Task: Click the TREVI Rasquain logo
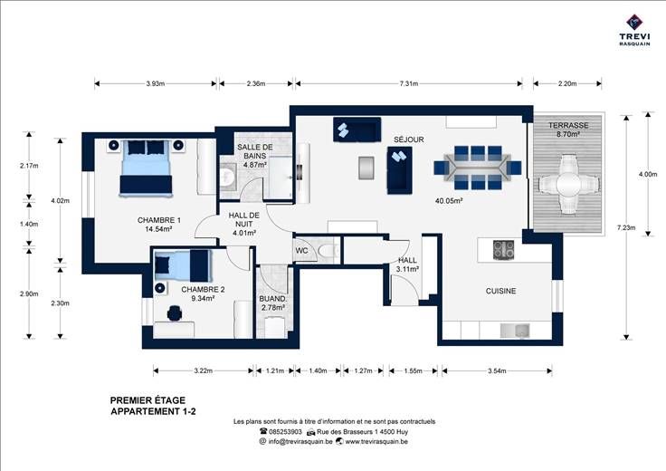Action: tap(634, 30)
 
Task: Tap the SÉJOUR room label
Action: tap(409, 139)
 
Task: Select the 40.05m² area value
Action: tap(449, 201)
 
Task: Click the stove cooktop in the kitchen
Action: tap(503, 250)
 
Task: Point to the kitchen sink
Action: tap(515, 331)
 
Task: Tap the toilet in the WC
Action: tap(328, 251)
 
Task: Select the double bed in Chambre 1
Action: tap(146, 168)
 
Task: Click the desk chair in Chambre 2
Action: tap(175, 313)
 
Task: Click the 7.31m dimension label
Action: tap(409, 83)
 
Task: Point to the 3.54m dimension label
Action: tap(497, 370)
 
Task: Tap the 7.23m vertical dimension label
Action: tap(626, 228)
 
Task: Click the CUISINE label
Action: tap(501, 291)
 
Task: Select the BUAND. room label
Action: tap(273, 299)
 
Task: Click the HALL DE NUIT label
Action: tap(244, 220)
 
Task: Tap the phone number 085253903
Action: tap(285, 431)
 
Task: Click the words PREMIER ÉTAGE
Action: tap(147, 400)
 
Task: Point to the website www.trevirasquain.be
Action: tap(376, 441)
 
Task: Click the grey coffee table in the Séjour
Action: tap(366, 168)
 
